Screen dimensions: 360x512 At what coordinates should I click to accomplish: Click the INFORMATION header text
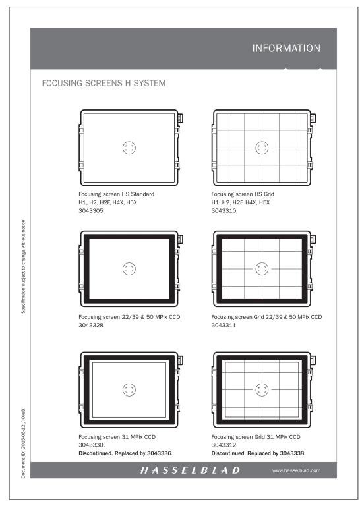286,48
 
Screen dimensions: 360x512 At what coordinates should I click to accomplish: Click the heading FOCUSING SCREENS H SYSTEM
104,83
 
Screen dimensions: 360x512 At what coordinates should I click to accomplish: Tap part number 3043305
91,211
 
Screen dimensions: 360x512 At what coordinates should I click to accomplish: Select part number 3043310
224,211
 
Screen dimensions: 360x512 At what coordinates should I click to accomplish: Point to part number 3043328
91,326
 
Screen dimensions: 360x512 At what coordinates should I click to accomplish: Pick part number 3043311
224,326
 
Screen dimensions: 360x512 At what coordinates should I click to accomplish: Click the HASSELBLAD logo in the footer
190,470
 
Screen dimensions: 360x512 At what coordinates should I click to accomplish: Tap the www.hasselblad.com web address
296,470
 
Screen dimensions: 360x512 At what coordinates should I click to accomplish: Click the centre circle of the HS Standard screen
129,148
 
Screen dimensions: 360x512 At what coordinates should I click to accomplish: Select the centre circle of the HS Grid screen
262,148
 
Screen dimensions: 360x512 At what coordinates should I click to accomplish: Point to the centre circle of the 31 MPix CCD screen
129,389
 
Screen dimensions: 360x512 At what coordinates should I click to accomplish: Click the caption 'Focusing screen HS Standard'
116,194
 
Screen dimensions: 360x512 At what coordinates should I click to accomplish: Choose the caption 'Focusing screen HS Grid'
243,194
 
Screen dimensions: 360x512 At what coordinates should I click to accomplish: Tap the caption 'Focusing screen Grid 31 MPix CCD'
255,437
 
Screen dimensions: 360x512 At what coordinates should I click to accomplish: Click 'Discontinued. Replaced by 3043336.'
125,453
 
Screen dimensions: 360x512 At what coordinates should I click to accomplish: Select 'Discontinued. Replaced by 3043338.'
258,453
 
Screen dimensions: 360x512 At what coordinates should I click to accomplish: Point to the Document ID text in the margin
23,443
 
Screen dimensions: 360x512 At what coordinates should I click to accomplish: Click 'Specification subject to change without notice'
23,267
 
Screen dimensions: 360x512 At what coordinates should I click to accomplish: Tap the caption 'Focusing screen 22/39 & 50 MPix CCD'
129,317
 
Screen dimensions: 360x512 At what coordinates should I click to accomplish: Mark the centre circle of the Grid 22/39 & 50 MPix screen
262,269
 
